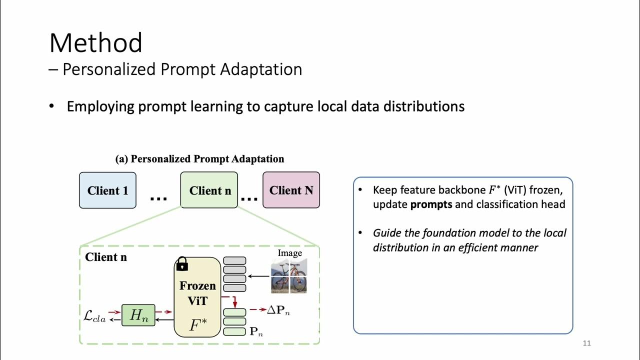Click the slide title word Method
point(95,43)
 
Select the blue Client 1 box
point(107,190)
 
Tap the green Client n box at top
point(209,190)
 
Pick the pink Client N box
point(291,190)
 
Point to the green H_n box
point(138,315)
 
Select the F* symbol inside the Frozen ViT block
point(197,325)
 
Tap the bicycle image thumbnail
point(289,275)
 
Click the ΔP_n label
point(278,310)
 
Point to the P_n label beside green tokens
point(256,331)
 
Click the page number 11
point(587,343)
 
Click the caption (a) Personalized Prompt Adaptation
point(199,159)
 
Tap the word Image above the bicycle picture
point(290,253)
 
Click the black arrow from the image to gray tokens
point(258,275)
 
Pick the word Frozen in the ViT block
point(197,286)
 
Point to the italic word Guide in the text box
point(386,233)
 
